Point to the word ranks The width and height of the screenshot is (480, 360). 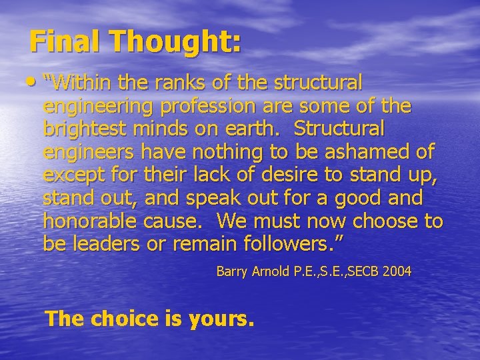point(184,83)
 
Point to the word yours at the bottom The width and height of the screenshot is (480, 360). point(221,319)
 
